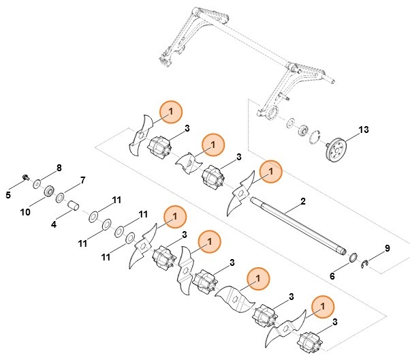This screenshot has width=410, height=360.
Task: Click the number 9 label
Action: pyautogui.click(x=388, y=248)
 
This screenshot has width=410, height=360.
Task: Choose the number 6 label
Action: pyautogui.click(x=332, y=276)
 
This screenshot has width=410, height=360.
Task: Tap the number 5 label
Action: pyautogui.click(x=9, y=195)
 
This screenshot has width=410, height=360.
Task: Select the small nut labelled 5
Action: pyautogui.click(x=25, y=179)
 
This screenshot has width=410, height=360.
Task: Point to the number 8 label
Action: pyautogui.click(x=59, y=167)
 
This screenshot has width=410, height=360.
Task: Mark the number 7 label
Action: pyautogui.click(x=83, y=180)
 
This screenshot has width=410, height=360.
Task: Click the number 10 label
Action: pyautogui.click(x=25, y=212)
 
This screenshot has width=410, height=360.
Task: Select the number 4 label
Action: pyautogui.click(x=54, y=224)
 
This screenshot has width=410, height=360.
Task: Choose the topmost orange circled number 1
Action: pyautogui.click(x=171, y=110)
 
